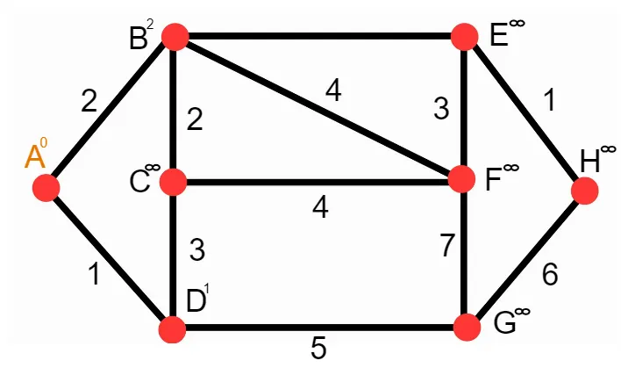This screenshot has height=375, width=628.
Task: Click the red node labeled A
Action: click(x=46, y=187)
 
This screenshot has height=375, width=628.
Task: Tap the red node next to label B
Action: click(x=175, y=37)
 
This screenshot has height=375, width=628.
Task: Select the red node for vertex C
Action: click(x=174, y=183)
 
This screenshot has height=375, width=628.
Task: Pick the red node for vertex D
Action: click(x=172, y=330)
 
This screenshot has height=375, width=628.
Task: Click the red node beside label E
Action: click(x=465, y=37)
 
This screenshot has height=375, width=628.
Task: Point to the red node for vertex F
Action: click(x=462, y=180)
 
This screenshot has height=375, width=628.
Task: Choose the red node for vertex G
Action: click(x=468, y=328)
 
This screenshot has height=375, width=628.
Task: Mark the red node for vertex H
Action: click(x=585, y=190)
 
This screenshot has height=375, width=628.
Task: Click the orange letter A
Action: click(x=34, y=157)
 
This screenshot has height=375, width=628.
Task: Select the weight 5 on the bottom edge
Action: click(x=319, y=349)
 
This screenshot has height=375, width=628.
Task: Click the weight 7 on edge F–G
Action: click(x=447, y=247)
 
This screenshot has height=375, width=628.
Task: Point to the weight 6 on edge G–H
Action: click(x=550, y=275)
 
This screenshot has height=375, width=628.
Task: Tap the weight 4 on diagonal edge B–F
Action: click(x=332, y=91)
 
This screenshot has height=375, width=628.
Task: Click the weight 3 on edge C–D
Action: click(x=197, y=251)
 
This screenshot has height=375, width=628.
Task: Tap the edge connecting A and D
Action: click(x=109, y=259)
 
